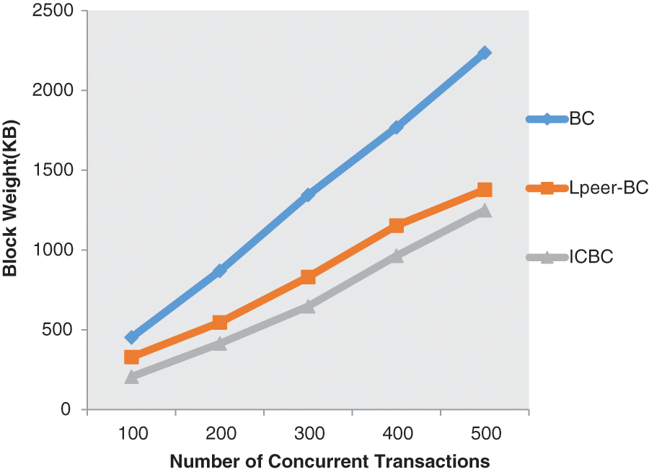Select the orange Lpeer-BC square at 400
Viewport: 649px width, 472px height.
click(x=397, y=226)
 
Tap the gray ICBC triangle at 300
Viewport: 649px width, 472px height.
click(x=308, y=306)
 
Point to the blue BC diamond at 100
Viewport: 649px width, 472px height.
click(x=131, y=337)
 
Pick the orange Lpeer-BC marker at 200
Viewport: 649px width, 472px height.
click(x=220, y=323)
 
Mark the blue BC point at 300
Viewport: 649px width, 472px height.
click(x=308, y=195)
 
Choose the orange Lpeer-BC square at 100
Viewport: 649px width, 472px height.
click(x=131, y=357)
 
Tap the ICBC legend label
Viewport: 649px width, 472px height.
click(x=591, y=257)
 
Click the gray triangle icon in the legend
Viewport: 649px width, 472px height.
click(x=546, y=257)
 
